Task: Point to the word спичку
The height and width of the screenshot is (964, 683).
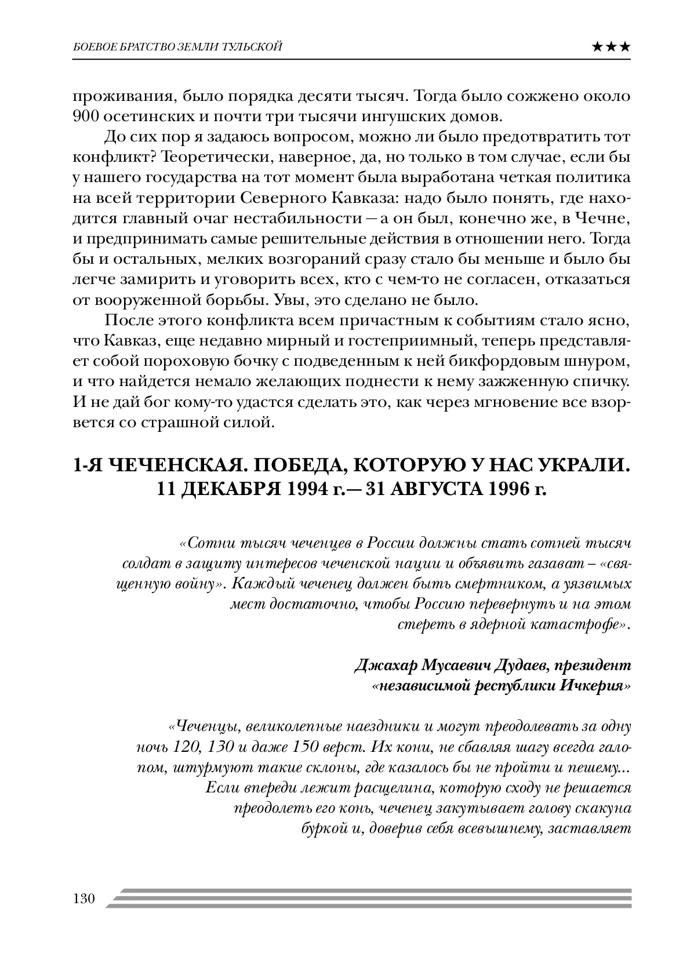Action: click(x=601, y=381)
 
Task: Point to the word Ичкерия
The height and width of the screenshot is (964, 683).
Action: click(x=594, y=686)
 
